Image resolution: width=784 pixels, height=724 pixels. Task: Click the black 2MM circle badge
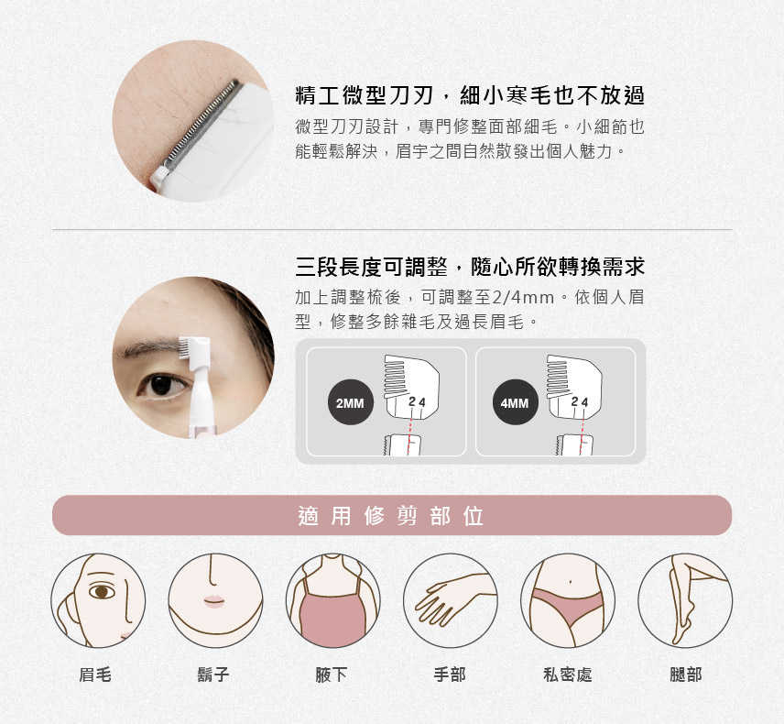pos(350,402)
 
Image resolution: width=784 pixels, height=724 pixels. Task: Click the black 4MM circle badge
pos(515,402)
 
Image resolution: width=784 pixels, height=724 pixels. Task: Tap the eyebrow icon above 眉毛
pos(98,600)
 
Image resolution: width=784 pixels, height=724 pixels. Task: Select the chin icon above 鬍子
pos(215,600)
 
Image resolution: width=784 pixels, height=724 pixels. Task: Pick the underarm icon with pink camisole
pos(333,600)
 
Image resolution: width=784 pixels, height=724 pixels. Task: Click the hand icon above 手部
pos(451,600)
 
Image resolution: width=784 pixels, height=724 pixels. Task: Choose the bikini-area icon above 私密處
pos(568,600)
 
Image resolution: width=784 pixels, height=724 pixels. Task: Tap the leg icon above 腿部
pos(685,600)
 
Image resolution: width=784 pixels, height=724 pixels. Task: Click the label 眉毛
pos(95,675)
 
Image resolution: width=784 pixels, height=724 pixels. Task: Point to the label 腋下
pos(331,675)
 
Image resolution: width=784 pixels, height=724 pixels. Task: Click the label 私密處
pos(568,675)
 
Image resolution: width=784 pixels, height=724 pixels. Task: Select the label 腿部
pos(685,675)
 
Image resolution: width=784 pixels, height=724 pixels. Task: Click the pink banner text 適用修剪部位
pos(390,516)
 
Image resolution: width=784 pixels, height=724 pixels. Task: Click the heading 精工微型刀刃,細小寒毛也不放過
pos(470,95)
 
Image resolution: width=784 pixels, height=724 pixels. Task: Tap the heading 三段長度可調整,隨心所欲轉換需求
pos(470,267)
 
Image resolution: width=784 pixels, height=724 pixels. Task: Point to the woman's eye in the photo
pos(162,385)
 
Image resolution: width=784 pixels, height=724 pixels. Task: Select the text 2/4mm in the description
pos(524,298)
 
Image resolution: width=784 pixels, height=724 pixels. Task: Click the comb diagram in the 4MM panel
pos(574,386)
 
